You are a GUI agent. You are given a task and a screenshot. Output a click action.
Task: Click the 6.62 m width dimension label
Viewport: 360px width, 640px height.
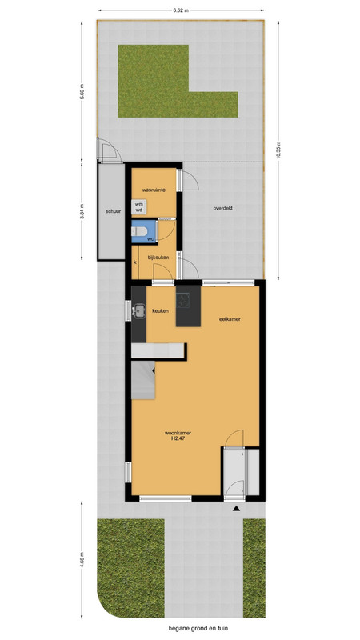181,10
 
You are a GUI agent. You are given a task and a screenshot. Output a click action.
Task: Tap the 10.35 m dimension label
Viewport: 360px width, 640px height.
278,150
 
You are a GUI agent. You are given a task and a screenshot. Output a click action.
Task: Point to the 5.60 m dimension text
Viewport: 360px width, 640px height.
82,91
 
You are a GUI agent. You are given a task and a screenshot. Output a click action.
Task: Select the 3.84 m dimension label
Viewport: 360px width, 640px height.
82,211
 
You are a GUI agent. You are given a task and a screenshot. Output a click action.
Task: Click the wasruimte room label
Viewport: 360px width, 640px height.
154,190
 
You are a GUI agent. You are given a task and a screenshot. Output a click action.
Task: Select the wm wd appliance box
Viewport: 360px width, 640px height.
139,207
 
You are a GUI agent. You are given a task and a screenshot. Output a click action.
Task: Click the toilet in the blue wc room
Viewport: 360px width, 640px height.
139,232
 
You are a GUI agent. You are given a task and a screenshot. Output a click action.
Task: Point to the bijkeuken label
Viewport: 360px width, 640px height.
158,257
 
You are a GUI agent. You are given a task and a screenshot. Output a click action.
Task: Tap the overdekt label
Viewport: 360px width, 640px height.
223,208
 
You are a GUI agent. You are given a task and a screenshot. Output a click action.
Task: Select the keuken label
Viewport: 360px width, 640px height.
161,311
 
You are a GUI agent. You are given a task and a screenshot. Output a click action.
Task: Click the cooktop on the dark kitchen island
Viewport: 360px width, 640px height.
182,301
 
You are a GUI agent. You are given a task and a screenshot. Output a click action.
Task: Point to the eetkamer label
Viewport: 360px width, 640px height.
229,319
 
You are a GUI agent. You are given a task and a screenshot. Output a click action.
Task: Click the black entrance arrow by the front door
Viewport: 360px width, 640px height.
236,509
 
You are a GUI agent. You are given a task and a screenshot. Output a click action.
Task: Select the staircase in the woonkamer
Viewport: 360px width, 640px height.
143,381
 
